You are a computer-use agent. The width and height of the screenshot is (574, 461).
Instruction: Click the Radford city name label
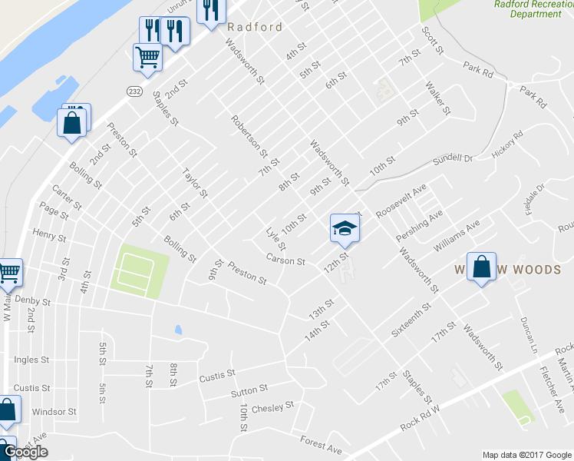coord(255,27)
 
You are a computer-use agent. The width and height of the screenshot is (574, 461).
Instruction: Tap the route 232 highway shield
coord(134,90)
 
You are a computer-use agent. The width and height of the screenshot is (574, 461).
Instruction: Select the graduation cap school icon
coord(345,227)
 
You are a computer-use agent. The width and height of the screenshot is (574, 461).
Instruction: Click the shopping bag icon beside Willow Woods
coord(481,267)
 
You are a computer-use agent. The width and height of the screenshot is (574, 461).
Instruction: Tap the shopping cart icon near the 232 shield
coord(147,55)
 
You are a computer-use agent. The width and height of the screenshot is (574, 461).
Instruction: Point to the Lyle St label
coord(275,238)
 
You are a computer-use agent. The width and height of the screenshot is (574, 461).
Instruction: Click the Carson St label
coord(285,260)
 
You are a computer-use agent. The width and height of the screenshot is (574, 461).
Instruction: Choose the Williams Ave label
coord(456,235)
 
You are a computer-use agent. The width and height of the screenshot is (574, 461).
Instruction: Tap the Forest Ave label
coord(321,444)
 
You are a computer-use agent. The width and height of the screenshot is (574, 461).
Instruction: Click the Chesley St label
coord(272,406)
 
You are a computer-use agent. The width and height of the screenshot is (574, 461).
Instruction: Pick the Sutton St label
coord(249,390)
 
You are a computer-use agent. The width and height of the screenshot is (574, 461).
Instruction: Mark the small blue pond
coord(178,330)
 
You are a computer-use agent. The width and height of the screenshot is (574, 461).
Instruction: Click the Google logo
coord(25,452)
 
